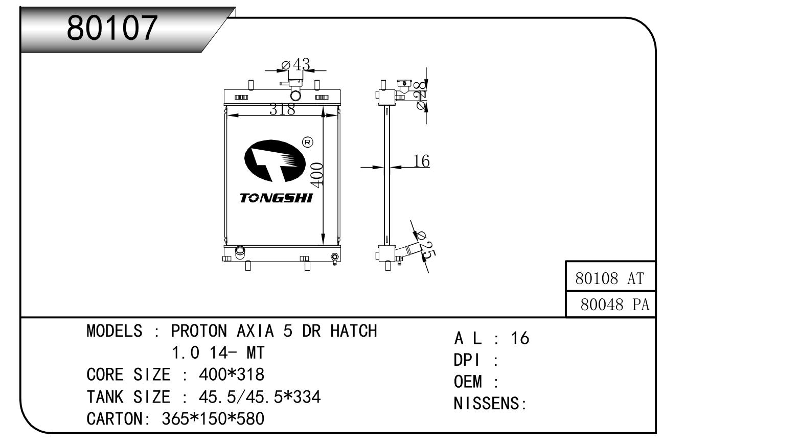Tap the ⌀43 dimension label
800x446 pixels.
296,65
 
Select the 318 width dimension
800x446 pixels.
282,109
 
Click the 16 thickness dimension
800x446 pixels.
421,161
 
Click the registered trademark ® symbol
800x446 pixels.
308,142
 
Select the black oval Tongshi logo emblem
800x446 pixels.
273,160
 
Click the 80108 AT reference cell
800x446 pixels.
610,278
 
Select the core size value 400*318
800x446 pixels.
231,375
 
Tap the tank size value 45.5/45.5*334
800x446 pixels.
259,397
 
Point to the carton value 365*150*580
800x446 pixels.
213,419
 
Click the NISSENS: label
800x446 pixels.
490,404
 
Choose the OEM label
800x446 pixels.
468,382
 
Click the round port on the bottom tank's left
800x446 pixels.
239,251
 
